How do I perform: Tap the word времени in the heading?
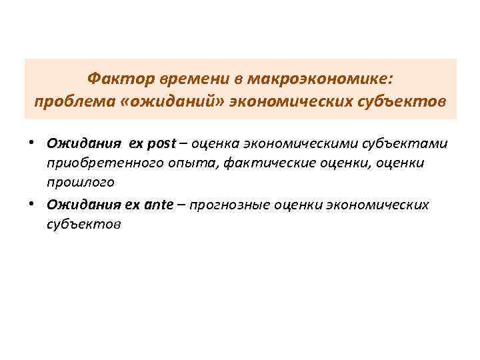(194, 80)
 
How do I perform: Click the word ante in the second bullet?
(158, 204)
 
